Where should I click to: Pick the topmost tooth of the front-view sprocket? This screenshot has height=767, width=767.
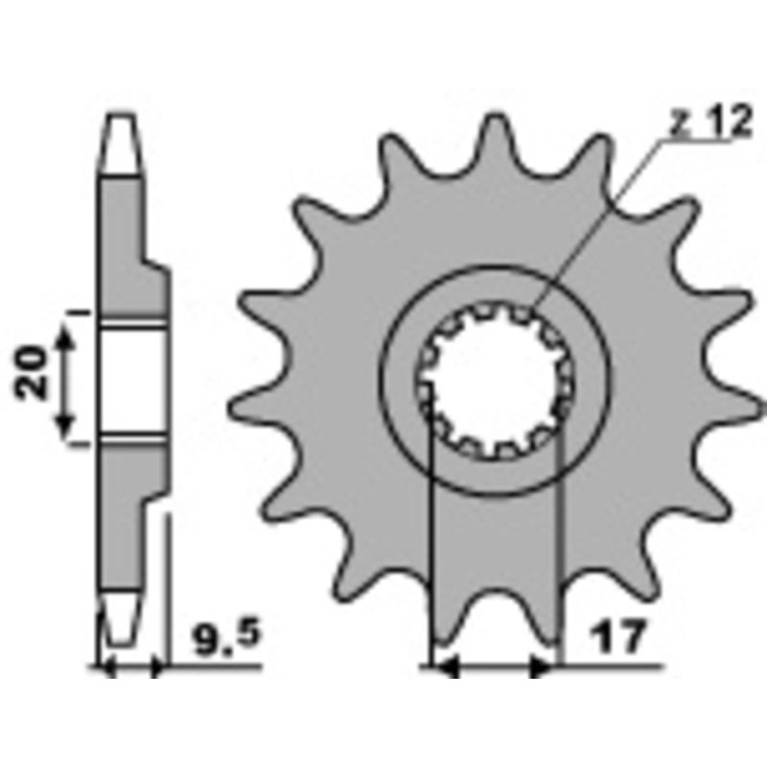492,134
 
